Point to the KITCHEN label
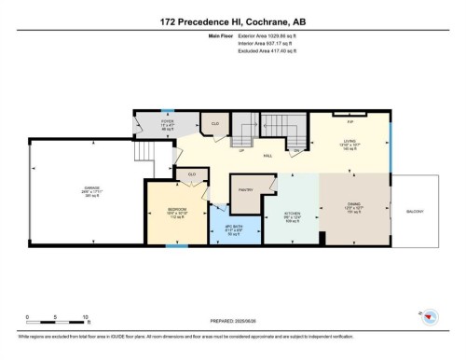[x=292, y=213]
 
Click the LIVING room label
[x=350, y=140]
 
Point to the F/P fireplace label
[x=350, y=121]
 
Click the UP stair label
[x=241, y=150]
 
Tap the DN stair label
[x=296, y=150]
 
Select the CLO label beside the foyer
[x=213, y=122]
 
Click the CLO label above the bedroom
[x=192, y=173]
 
